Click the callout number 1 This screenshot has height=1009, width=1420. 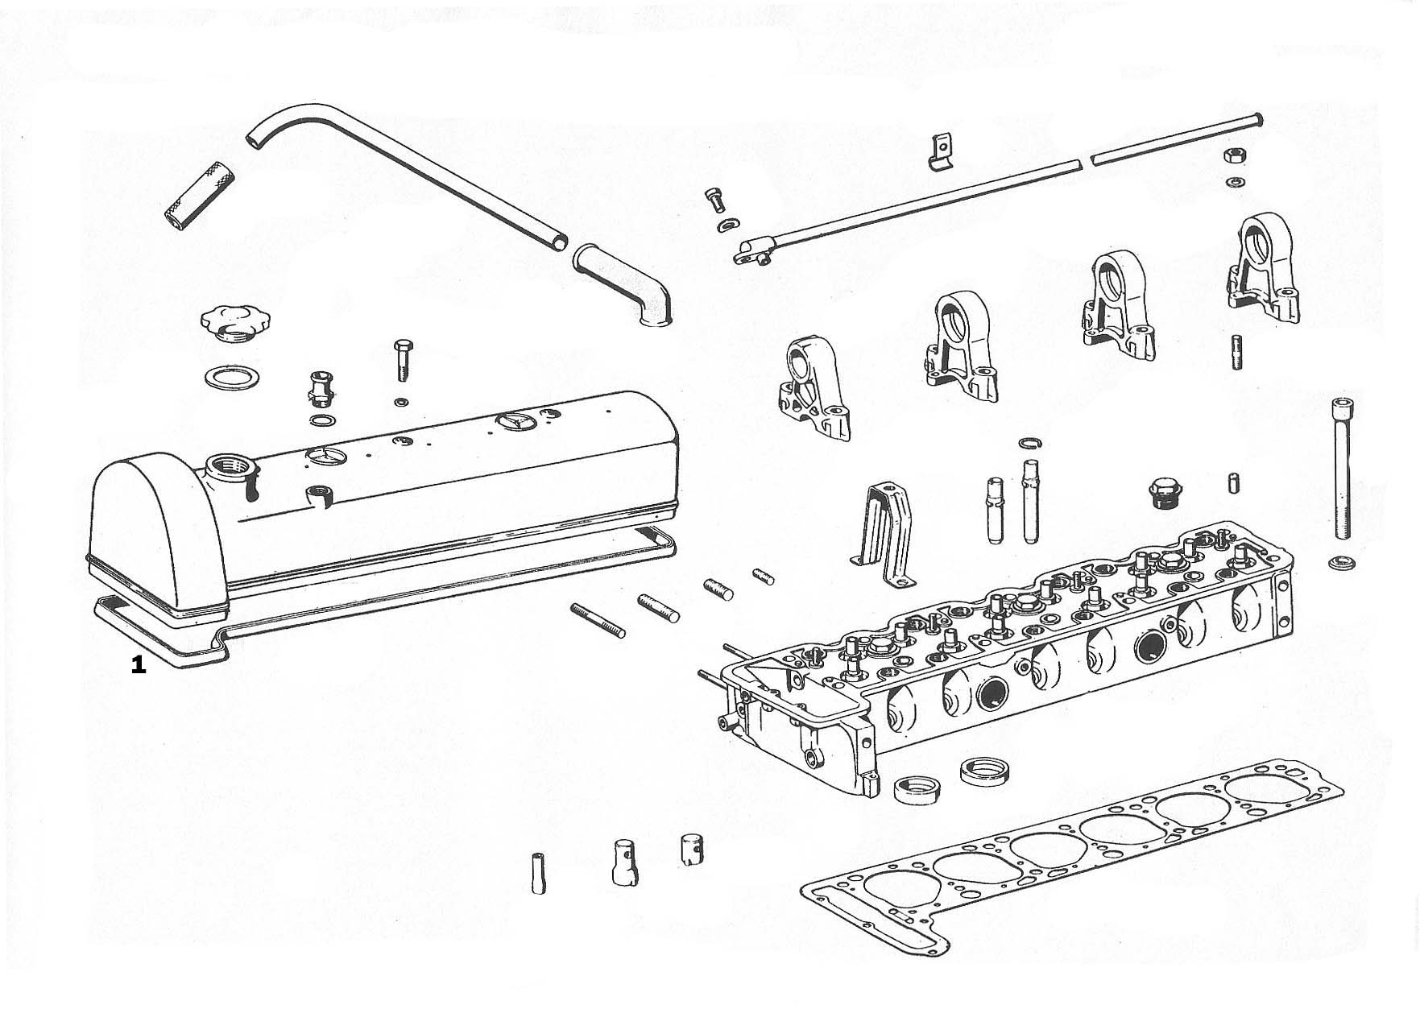pyautogui.click(x=139, y=665)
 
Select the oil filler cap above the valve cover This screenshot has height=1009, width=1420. pyautogui.click(x=226, y=322)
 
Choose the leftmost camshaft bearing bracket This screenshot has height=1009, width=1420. pyautogui.click(x=813, y=390)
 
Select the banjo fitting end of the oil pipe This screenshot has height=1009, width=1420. pyautogui.click(x=752, y=252)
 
